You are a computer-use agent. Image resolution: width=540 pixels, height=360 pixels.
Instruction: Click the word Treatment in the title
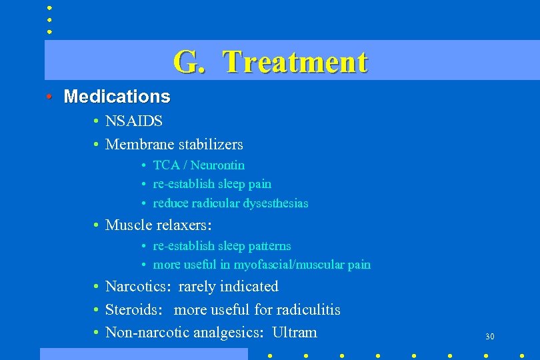click(295, 62)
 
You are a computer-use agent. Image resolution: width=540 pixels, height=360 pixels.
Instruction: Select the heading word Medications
click(117, 97)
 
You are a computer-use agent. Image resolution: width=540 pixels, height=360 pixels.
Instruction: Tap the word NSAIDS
click(134, 121)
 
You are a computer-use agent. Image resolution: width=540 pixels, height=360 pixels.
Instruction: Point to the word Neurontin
click(219, 165)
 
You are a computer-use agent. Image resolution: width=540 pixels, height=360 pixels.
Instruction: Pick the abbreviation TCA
click(165, 165)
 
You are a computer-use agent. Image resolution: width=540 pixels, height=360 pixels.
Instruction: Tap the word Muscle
click(129, 225)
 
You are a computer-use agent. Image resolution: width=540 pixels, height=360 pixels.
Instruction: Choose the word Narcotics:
click(139, 287)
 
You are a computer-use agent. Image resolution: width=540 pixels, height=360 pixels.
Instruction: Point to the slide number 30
click(489, 337)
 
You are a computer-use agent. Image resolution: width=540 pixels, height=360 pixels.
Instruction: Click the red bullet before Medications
click(49, 97)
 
